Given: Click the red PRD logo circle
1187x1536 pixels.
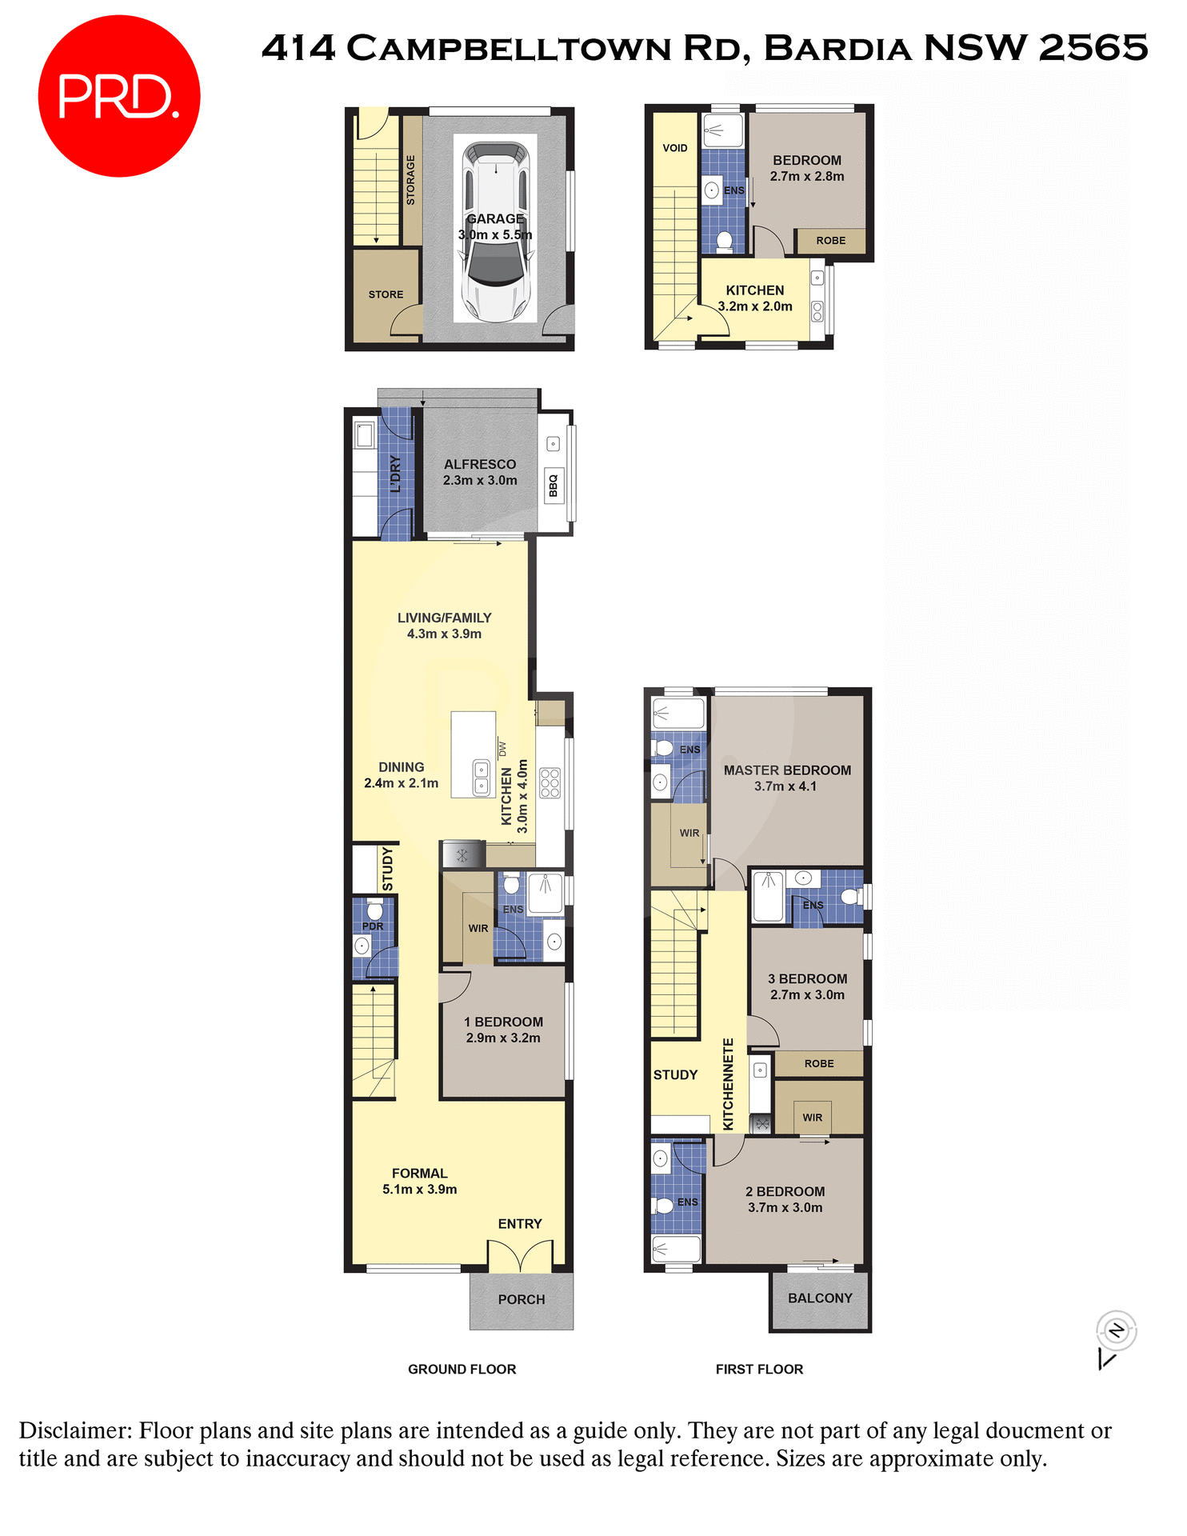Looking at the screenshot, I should point(118,96).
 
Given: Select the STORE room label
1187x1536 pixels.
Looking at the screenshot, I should point(386,294).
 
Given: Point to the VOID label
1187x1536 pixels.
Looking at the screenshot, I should point(674,148).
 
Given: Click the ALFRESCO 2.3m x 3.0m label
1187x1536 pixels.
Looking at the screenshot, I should point(480,472).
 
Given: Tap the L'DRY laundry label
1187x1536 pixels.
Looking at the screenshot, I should point(395,474).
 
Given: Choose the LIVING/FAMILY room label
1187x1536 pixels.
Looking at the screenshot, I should point(444,626).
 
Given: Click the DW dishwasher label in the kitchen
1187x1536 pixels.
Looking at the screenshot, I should point(502,749).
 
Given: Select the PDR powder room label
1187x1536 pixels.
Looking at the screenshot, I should point(373,926).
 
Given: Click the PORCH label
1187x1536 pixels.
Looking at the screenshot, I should point(522,1299).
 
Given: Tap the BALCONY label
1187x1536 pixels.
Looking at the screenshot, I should point(820,1298).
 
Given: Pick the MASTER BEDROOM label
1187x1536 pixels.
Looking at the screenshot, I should point(787,778).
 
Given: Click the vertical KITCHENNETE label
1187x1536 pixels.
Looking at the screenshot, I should point(728,1084).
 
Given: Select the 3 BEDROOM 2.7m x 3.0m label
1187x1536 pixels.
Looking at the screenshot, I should point(807,986).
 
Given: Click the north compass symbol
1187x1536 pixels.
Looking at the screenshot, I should point(1116,1331).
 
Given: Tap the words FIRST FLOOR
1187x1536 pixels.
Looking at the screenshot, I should point(759,1369).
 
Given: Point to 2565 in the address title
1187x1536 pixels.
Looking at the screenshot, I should point(1093,48).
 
